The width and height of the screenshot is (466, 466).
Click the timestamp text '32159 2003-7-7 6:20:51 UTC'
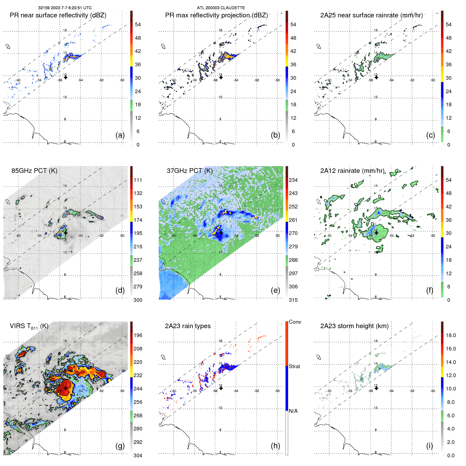[x=65, y=8]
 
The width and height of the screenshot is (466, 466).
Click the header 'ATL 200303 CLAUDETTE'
[x=221, y=8]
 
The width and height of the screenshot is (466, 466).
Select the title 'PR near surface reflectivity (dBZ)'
[x=58, y=15]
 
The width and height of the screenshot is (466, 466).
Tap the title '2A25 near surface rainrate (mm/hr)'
[x=371, y=15]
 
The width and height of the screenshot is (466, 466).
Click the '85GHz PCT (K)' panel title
[x=34, y=171]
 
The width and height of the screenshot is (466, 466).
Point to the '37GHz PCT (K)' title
[x=189, y=171]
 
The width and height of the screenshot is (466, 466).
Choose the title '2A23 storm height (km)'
[x=354, y=326]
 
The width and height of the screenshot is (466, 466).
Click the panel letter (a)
[x=120, y=135]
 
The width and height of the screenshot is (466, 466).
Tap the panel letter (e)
[x=275, y=290]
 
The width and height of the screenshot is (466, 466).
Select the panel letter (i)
[x=429, y=446]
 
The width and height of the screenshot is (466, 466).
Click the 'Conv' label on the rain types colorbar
[x=295, y=322]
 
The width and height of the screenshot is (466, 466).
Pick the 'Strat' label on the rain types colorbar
[x=294, y=367]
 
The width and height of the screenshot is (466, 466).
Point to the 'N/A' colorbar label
[x=293, y=411]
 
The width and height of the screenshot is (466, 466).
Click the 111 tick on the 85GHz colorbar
[x=138, y=180]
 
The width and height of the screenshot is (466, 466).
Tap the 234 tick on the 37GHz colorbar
[x=293, y=180]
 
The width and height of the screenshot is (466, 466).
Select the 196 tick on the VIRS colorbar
[x=138, y=335]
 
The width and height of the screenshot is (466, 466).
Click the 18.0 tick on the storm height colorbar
[x=451, y=335]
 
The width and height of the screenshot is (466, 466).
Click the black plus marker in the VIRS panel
[x=66, y=388]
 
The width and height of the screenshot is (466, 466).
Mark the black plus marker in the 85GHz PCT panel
[x=66, y=233]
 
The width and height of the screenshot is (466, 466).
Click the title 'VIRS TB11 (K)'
[x=29, y=326]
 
